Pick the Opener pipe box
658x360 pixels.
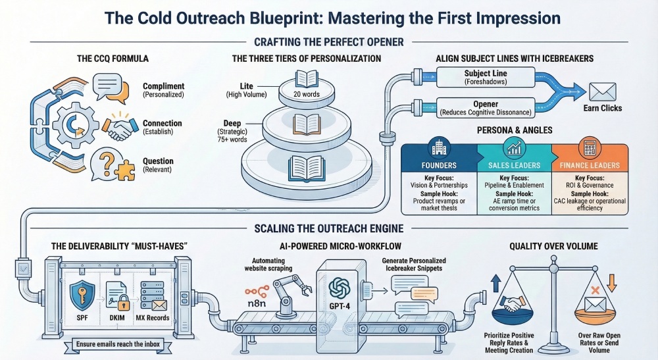[x=486, y=108]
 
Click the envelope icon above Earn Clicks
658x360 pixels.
[x=602, y=91]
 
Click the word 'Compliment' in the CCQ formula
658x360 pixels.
[x=163, y=86]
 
